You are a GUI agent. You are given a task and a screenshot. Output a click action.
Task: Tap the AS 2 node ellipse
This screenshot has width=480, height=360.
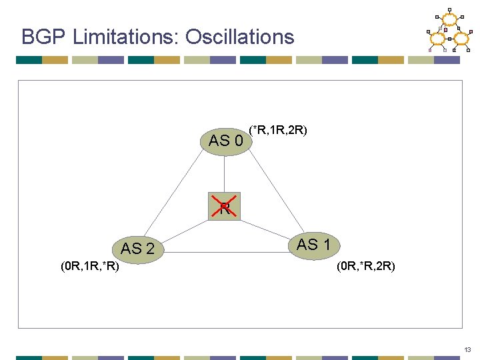138,249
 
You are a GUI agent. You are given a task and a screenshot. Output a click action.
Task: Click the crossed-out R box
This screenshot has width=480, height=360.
225,209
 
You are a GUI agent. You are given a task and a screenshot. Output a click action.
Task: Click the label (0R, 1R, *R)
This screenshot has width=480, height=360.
90,267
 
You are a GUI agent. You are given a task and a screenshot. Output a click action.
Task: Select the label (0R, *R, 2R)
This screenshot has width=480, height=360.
365,267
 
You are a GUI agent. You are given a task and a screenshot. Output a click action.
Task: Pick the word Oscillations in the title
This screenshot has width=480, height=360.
239,37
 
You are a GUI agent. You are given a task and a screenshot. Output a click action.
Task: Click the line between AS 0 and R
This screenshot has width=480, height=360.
225,175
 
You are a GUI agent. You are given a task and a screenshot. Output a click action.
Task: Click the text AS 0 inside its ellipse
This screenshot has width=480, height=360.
225,141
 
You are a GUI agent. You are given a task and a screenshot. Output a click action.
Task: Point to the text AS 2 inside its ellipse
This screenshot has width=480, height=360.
138,249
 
